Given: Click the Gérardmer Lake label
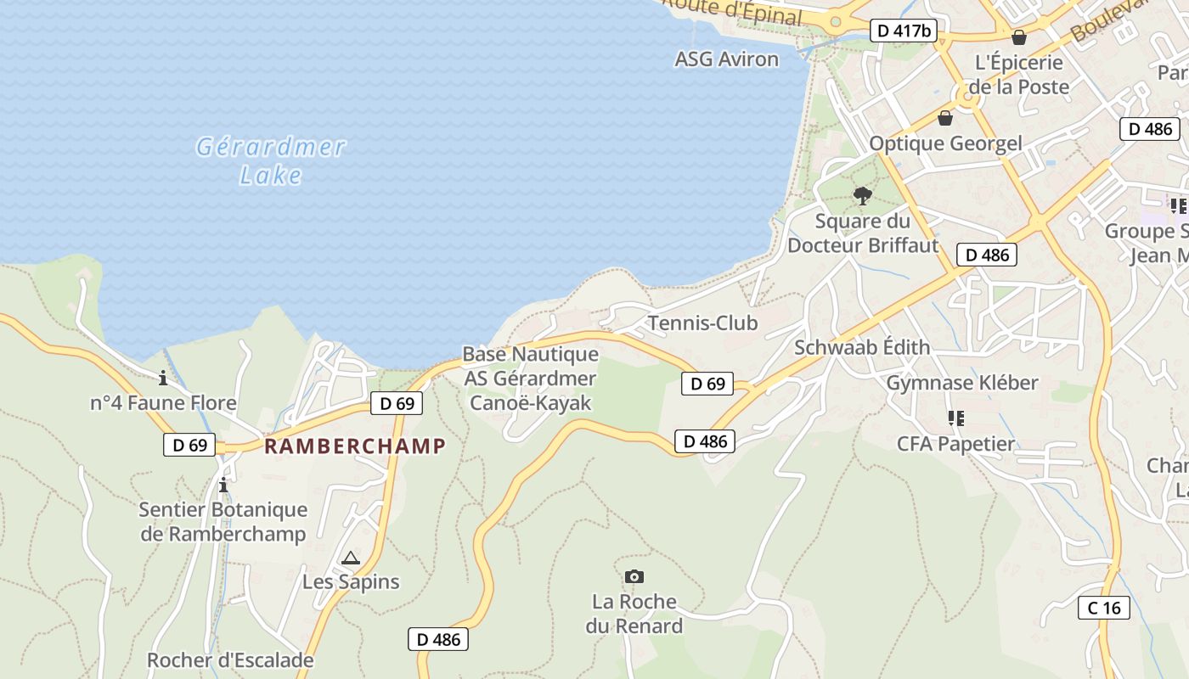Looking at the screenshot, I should point(271,160).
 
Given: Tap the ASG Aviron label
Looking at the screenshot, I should point(726,59).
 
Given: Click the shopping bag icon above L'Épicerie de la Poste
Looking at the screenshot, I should point(1018,37).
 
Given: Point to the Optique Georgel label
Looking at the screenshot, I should point(945,143).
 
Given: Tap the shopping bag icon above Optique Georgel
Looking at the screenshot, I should point(944,118).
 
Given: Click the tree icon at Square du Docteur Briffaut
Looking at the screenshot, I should point(863,196).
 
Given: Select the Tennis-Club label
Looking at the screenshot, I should point(702,323).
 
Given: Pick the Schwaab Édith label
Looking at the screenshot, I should point(862,347).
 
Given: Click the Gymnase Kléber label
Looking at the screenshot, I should point(962,383).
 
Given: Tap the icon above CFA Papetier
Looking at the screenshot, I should point(955,418).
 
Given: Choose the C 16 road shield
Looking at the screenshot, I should point(1104,608).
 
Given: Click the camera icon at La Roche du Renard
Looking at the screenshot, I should point(634,577).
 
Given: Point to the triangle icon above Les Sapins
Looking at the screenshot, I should point(350,558).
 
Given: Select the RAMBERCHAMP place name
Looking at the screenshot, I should point(355,446).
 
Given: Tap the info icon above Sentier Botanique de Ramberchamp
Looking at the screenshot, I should point(223,485).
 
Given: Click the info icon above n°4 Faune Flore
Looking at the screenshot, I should point(163,378).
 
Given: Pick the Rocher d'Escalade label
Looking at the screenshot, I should point(230,660).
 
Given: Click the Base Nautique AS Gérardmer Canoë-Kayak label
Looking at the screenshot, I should point(530,379).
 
